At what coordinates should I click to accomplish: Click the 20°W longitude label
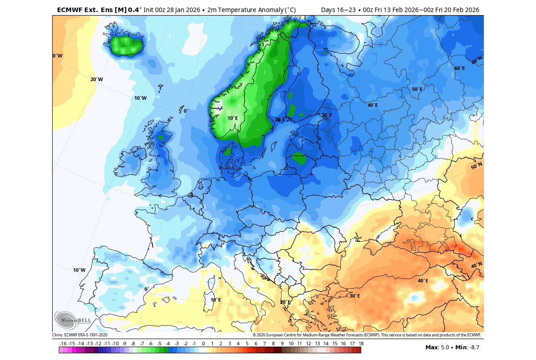[x=96, y=79]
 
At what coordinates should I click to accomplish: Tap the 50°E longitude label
[x=417, y=89]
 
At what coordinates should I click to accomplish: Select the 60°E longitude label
[x=459, y=68]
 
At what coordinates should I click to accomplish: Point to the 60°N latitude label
[x=477, y=60]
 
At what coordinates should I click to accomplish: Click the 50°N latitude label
[x=477, y=166]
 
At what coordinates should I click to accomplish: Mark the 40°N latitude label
[x=476, y=266]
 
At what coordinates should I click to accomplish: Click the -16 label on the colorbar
[x=63, y=344]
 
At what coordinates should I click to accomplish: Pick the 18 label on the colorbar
[x=361, y=344]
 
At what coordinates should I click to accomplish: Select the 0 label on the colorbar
[x=203, y=344]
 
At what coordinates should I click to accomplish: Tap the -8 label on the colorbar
[x=133, y=344]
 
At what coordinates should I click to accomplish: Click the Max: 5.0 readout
[x=437, y=348]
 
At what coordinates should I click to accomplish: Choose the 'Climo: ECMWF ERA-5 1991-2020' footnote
[x=80, y=335]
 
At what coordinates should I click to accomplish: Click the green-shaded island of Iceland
[x=128, y=45]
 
